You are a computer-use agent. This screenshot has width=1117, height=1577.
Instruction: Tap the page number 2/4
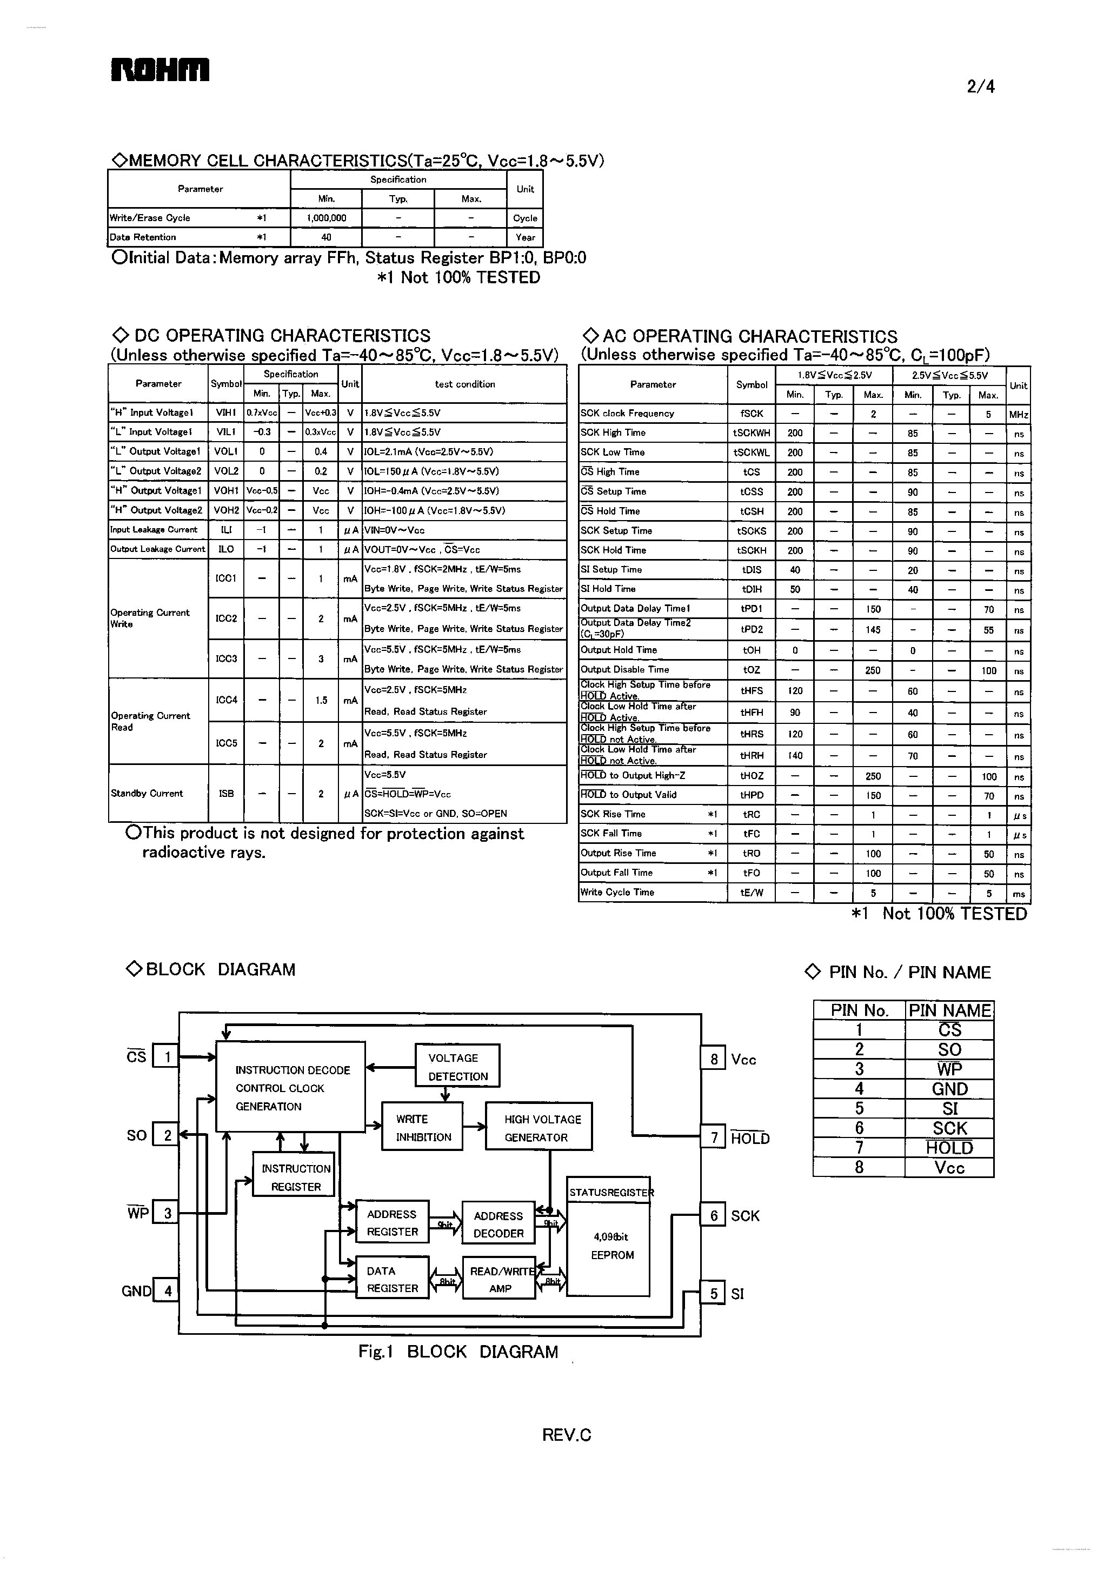[980, 86]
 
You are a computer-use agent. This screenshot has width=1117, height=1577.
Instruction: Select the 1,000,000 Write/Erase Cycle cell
[326, 218]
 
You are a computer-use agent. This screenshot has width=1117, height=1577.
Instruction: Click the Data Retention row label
[143, 237]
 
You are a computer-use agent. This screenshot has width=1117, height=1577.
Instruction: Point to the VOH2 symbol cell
[227, 510]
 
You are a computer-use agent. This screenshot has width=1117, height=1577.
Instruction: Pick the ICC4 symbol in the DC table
[227, 700]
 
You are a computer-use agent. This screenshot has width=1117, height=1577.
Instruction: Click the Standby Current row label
[147, 793]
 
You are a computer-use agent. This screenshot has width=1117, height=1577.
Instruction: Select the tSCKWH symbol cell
[751, 433]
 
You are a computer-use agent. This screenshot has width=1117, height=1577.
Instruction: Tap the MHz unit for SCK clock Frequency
[1018, 415]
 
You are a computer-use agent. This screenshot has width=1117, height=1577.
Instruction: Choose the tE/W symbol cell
[751, 893]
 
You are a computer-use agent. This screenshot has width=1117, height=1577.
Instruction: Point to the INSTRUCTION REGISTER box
[295, 1177]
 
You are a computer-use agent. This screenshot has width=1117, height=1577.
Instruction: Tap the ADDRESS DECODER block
[498, 1224]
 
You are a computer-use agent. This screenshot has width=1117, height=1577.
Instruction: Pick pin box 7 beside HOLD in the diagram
[713, 1137]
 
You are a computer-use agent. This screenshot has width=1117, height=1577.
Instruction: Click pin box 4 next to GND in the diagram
[167, 1291]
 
